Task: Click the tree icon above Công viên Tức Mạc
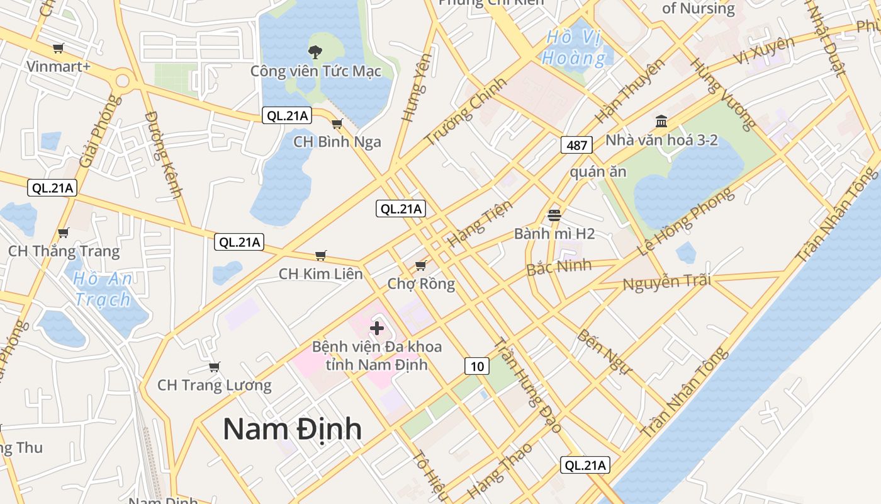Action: pos(315,52)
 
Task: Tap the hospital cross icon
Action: pos(377,328)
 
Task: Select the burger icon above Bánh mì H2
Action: pos(554,215)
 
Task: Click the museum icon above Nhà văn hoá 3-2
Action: pos(661,121)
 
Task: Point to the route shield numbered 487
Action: pos(576,146)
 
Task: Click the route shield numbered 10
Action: pos(477,365)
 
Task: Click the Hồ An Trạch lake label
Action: pos(103,289)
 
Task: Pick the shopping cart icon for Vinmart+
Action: pos(59,49)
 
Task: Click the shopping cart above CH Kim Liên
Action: pos(321,255)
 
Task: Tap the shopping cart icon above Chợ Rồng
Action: pos(421,265)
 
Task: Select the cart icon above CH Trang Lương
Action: pos(214,367)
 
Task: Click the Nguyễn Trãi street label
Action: pos(666,282)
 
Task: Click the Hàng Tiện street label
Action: pos(480,224)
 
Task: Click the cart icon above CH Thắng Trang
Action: pos(63,233)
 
